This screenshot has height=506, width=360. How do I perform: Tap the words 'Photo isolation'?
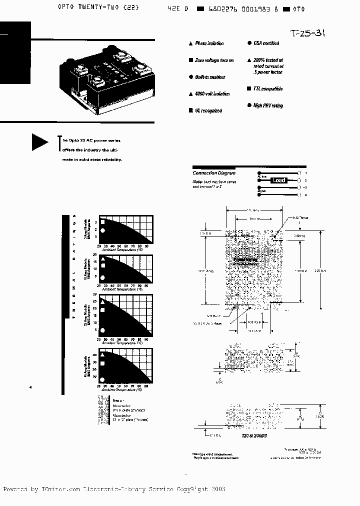click(209, 43)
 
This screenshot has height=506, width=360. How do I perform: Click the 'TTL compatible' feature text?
click(268, 88)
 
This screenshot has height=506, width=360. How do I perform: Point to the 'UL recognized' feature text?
click(208, 110)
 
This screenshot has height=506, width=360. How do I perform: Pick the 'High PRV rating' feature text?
click(268, 105)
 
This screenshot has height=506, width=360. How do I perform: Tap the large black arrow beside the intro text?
click(39, 142)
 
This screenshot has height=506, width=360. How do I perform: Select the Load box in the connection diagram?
click(278, 180)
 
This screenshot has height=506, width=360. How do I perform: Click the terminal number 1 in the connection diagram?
click(305, 172)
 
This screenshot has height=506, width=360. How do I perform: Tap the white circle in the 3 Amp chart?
click(102, 230)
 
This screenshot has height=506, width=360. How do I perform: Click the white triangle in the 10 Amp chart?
click(102, 259)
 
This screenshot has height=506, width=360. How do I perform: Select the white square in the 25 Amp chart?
click(102, 310)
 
